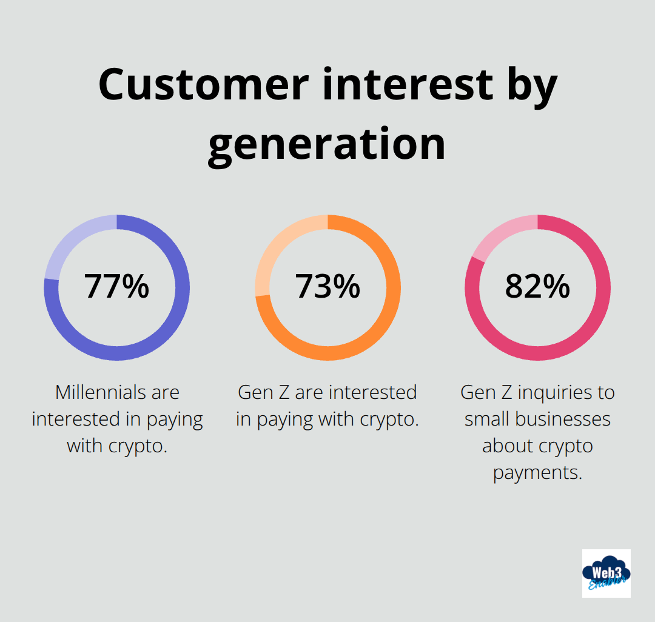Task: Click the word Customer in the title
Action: (x=204, y=85)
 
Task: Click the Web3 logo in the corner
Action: (x=606, y=573)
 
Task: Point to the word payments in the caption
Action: (x=537, y=472)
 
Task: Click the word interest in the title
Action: (x=408, y=85)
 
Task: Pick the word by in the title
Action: (x=528, y=85)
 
